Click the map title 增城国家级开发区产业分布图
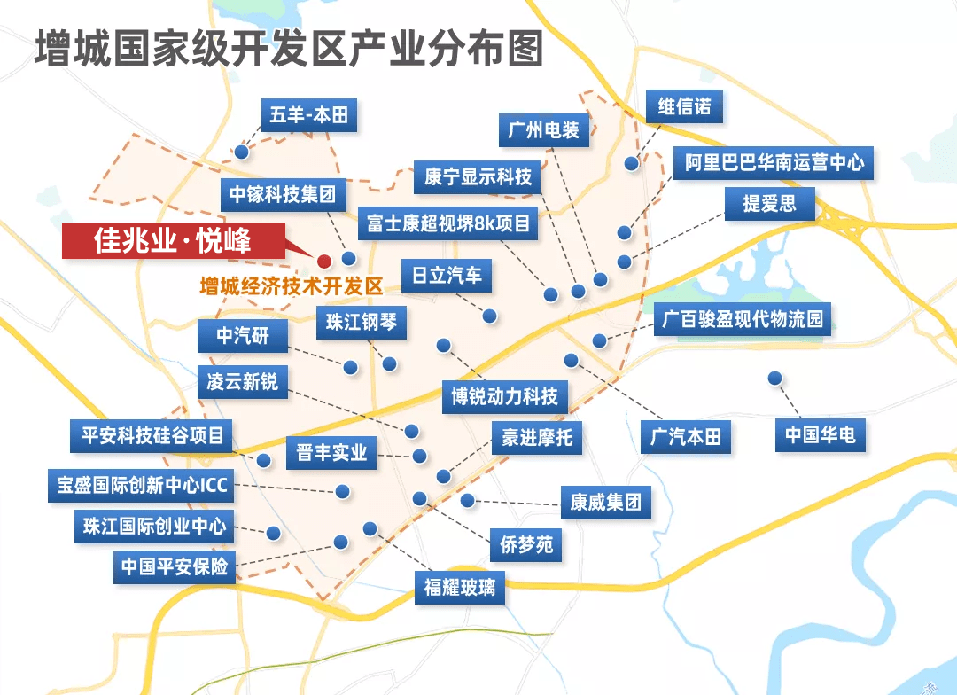288,51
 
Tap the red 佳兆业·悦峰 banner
173,241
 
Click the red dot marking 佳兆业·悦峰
324,261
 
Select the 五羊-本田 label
307,115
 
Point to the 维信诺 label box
684,107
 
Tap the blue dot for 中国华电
775,378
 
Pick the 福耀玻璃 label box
459,587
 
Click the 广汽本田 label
686,437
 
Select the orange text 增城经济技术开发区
291,286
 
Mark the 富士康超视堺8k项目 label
448,223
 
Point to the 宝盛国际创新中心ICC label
143,486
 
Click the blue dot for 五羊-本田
241,152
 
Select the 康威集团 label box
605,503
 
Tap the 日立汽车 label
447,275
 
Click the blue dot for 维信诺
632,163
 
